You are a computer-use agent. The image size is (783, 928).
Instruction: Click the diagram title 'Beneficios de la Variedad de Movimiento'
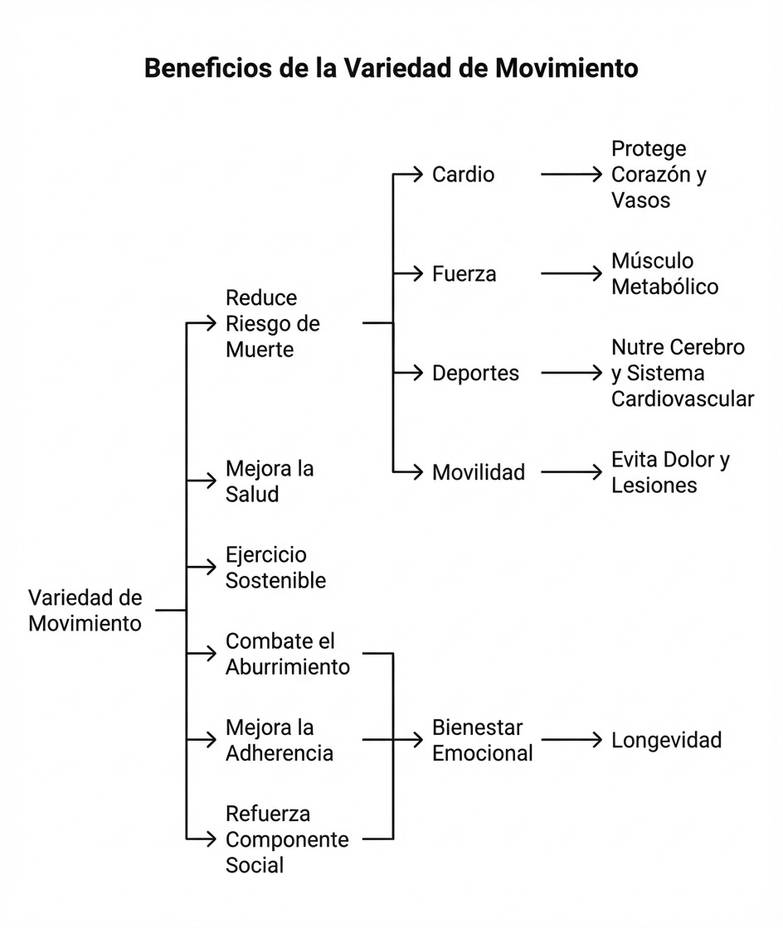click(391, 68)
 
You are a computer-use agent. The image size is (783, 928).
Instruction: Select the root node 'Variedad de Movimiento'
click(85, 611)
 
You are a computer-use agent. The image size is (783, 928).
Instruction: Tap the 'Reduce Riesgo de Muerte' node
click(273, 323)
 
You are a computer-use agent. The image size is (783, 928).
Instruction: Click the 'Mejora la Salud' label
click(270, 481)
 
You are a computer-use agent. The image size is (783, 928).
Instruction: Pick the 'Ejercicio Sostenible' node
click(275, 568)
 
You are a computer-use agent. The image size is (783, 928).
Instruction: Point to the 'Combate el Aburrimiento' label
click(288, 654)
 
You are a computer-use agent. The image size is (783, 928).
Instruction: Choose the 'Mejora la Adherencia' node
click(280, 740)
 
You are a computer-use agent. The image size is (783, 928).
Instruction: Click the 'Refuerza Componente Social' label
click(287, 839)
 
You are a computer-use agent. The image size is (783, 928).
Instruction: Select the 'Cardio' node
click(463, 175)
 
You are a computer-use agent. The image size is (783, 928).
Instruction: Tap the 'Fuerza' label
click(464, 274)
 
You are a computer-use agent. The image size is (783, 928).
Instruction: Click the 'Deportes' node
click(475, 374)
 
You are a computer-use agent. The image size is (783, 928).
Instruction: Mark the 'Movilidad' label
click(479, 473)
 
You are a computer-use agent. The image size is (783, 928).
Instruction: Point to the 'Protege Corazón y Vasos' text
click(659, 175)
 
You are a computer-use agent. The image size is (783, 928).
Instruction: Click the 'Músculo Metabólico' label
click(664, 274)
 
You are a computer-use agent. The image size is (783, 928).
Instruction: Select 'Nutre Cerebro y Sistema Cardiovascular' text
click(683, 374)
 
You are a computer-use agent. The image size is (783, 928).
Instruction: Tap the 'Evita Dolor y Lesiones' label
click(670, 472)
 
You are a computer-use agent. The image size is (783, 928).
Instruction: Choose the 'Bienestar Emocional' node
click(482, 740)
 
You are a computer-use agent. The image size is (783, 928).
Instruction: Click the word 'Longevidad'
click(666, 740)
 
